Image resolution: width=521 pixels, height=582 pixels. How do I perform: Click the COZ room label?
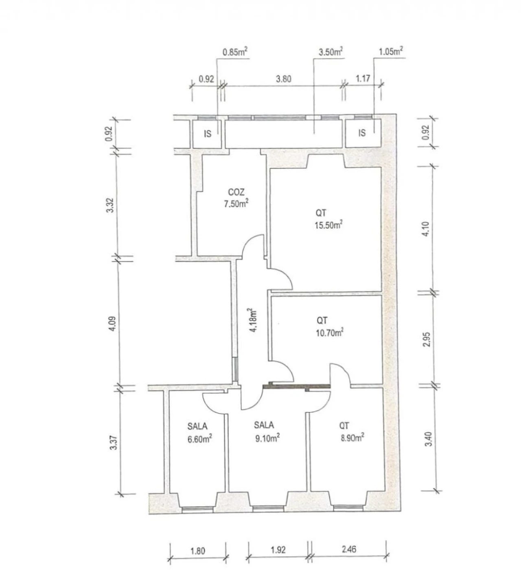click(x=236, y=192)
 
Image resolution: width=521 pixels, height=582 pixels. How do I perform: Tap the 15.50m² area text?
click(x=328, y=225)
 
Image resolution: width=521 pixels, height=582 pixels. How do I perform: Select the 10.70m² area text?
click(x=329, y=333)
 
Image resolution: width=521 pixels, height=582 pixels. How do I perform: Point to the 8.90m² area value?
click(x=351, y=438)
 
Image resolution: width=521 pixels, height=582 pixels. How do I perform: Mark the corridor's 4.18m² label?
click(x=254, y=320)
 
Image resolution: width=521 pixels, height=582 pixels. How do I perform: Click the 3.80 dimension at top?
click(x=283, y=79)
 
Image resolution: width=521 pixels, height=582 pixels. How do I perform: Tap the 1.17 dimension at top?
click(x=362, y=78)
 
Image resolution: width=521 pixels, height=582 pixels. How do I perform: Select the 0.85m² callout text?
click(x=235, y=52)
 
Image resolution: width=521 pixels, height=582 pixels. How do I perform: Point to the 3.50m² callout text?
click(x=330, y=52)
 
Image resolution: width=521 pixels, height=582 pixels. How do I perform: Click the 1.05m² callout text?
click(x=391, y=52)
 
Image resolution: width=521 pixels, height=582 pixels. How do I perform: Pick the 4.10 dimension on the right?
click(x=426, y=229)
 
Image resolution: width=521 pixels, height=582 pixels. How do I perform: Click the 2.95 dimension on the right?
click(x=426, y=339)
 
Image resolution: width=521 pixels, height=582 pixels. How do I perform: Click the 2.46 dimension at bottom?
click(x=349, y=549)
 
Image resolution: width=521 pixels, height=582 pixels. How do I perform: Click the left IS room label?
click(x=208, y=134)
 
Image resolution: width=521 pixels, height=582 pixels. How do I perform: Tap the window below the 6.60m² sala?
click(x=197, y=508)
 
